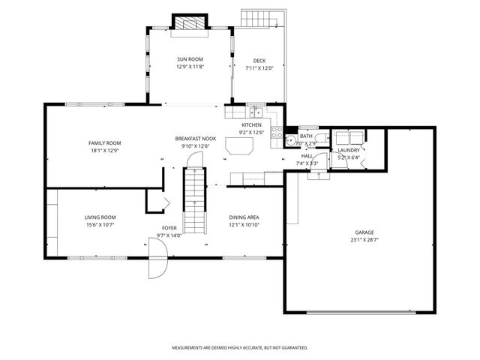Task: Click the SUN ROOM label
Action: [190, 59]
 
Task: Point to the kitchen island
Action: [239, 148]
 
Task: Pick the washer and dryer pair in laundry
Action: [349, 137]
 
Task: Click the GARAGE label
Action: [364, 232]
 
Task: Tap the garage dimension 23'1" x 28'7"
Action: [364, 240]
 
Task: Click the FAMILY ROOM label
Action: [104, 142]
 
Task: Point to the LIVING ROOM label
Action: [100, 217]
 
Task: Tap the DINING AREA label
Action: [244, 217]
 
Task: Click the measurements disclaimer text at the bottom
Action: [239, 348]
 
